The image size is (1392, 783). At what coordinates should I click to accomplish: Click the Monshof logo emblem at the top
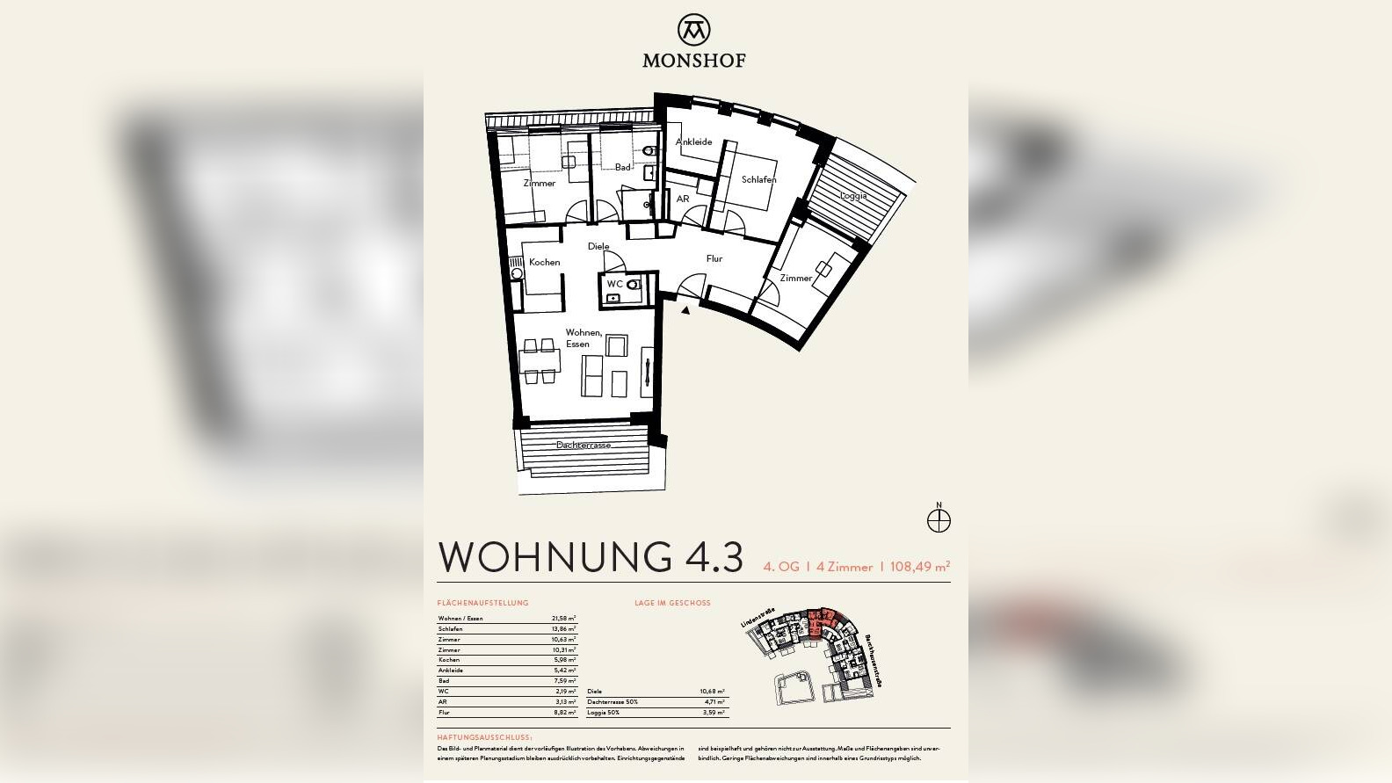[694, 29]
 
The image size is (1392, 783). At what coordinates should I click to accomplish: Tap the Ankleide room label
[693, 141]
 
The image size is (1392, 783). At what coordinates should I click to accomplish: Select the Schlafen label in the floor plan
[758, 179]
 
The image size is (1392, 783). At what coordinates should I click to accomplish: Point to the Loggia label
[852, 195]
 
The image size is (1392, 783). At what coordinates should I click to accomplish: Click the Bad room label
[622, 167]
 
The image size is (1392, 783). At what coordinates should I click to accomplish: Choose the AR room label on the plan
[683, 199]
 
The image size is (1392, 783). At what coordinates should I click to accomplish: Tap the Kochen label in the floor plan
[544, 262]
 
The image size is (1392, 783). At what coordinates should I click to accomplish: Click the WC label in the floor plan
[614, 284]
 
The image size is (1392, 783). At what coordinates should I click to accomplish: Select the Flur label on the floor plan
[714, 258]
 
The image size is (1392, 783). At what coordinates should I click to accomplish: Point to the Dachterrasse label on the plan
[583, 445]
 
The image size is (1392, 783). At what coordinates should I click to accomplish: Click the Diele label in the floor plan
[598, 246]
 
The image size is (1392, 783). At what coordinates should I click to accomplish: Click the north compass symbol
[939, 520]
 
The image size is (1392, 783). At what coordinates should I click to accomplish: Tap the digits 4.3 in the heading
[712, 557]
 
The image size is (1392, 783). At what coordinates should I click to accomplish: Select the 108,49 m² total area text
[919, 567]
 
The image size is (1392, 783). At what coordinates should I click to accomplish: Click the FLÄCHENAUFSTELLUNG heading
[482, 603]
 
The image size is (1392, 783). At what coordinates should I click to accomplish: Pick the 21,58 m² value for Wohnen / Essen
[563, 619]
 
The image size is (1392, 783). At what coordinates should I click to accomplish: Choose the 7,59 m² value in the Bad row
[564, 681]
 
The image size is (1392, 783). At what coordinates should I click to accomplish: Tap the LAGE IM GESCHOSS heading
[672, 603]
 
